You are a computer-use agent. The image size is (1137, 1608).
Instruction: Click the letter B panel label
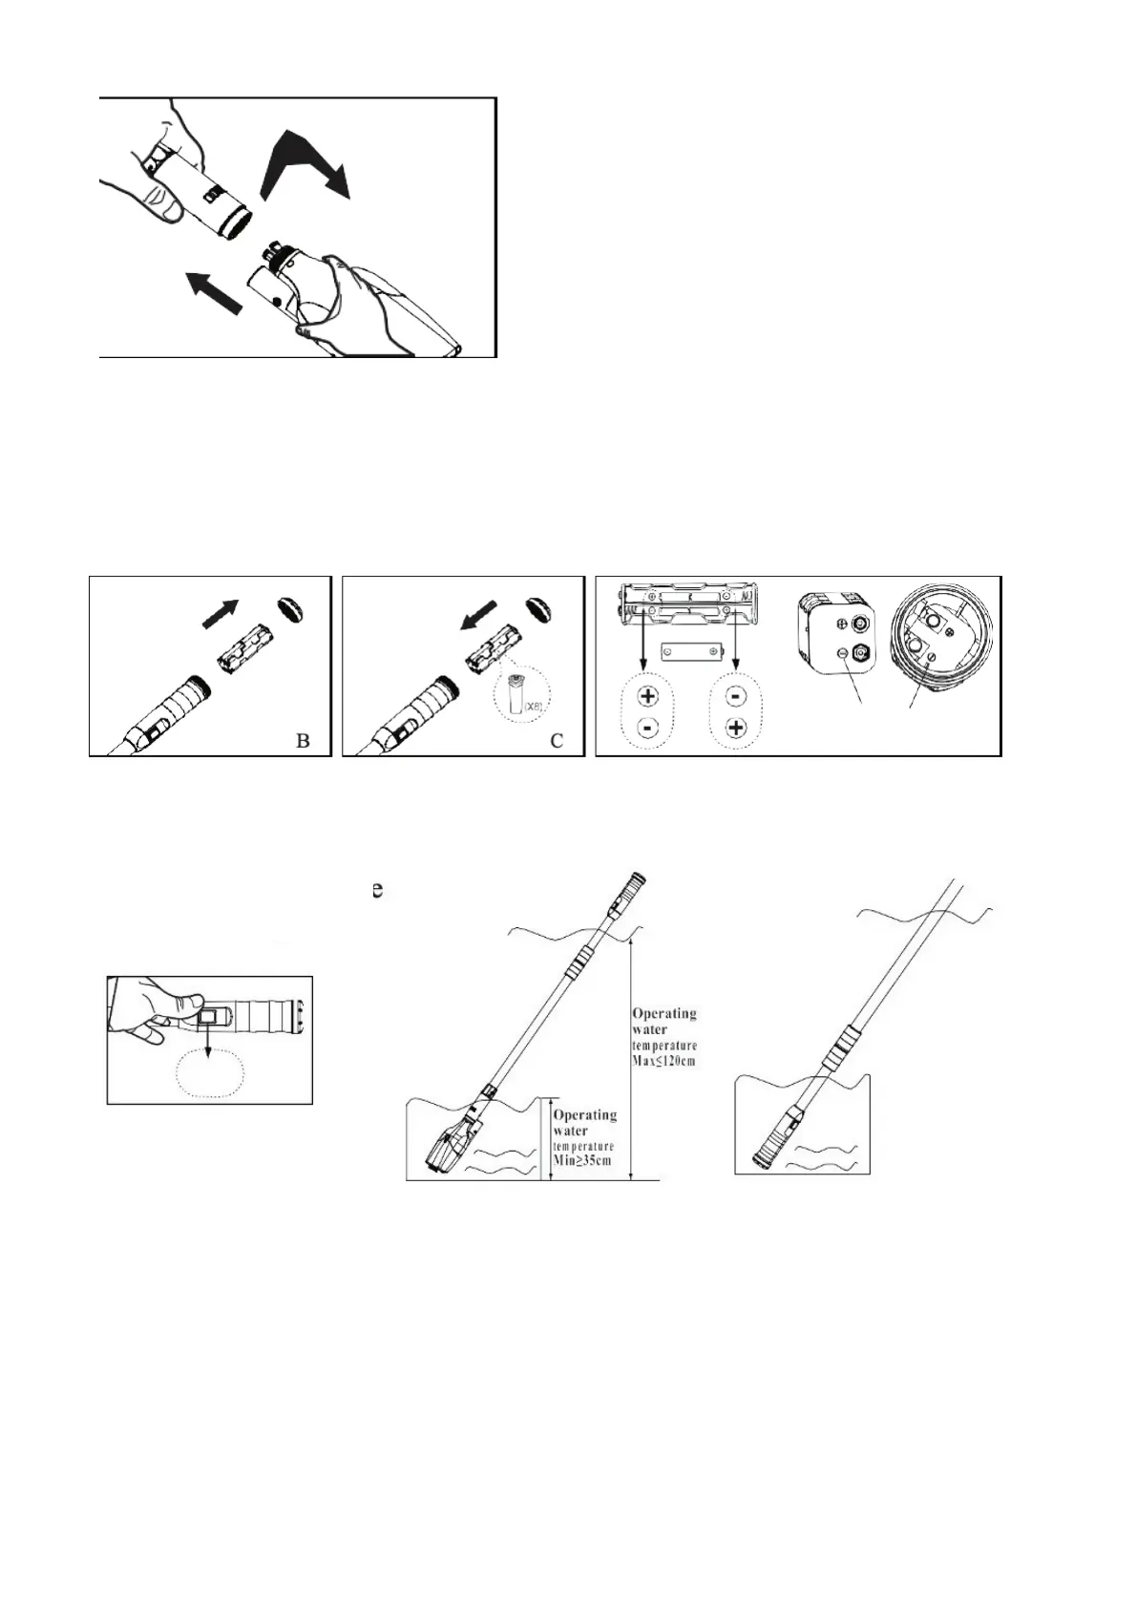[303, 740]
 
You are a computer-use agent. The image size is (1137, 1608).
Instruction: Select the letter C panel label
[558, 740]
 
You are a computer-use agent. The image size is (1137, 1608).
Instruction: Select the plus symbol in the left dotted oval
[646, 696]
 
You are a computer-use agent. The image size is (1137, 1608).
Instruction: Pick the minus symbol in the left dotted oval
[646, 729]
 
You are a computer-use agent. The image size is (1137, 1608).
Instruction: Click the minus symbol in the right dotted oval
[736, 696]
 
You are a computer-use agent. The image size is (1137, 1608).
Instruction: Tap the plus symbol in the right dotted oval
[736, 729]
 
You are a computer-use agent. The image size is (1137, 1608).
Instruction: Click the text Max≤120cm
[664, 1062]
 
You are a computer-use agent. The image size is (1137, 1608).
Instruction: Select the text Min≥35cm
[583, 1160]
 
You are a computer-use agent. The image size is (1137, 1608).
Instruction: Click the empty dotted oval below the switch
[211, 1076]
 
